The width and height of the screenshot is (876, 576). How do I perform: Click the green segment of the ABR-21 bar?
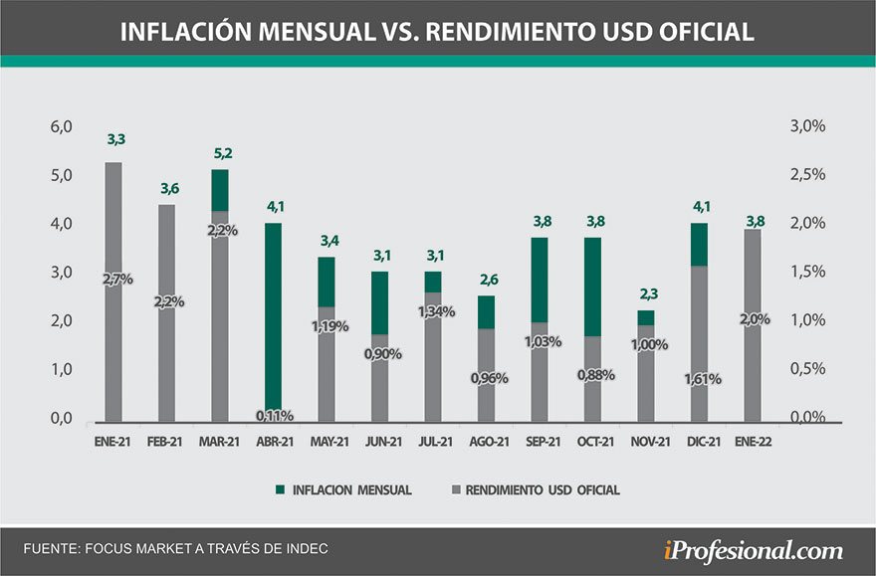[273, 308]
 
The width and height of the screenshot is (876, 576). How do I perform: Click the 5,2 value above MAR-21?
[220, 154]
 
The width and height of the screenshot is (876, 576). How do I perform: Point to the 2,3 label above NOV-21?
[646, 294]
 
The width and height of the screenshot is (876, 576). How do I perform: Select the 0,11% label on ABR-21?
[273, 414]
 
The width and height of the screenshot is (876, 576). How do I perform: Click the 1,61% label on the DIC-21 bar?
[700, 379]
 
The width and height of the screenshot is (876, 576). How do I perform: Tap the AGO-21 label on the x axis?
[486, 443]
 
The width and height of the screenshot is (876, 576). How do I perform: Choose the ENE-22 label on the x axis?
[753, 443]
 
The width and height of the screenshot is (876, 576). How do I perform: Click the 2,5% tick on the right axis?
[807, 175]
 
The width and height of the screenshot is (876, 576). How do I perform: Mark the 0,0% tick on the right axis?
[807, 418]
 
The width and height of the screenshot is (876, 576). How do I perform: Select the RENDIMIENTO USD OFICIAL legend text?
[539, 489]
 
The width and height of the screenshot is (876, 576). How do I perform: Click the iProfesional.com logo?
[753, 549]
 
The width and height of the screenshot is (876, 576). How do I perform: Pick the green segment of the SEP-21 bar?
[539, 280]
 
